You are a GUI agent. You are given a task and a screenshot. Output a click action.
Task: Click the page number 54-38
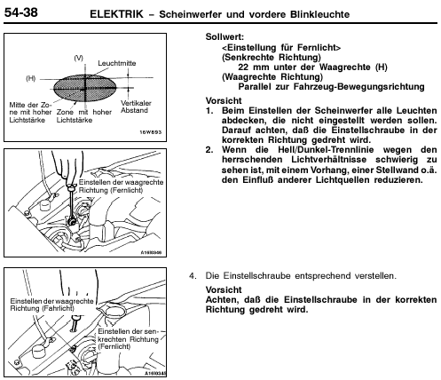tap(20, 12)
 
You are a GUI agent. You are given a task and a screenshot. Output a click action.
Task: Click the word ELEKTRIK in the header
tap(116, 14)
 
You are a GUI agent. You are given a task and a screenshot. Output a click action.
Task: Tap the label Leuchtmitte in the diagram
tap(117, 63)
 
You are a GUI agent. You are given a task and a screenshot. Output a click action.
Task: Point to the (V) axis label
tap(78, 58)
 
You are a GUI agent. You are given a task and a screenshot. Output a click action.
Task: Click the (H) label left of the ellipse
tap(31, 78)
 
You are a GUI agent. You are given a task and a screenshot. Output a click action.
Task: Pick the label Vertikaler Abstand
tap(136, 107)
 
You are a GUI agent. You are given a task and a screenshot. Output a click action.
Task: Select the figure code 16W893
tap(151, 132)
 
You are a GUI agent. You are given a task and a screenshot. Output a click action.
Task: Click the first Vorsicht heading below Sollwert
tap(224, 100)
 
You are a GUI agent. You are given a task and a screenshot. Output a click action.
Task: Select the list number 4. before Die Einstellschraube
tap(193, 276)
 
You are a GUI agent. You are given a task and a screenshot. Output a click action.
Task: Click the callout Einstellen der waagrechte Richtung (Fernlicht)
tap(121, 186)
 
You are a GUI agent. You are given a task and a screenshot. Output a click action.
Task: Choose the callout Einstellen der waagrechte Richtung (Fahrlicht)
tap(51, 305)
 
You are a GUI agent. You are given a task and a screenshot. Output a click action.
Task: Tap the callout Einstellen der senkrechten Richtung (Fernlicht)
tap(129, 339)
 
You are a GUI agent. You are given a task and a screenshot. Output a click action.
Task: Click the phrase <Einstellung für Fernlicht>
tap(281, 47)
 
